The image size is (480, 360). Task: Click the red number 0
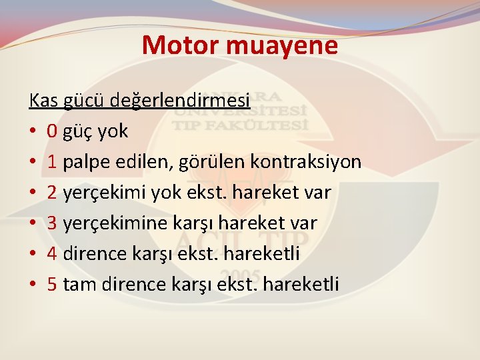[x=52, y=131]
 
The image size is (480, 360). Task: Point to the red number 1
[x=52, y=162]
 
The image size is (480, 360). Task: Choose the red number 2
[x=52, y=193]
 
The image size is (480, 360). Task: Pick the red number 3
[x=52, y=223]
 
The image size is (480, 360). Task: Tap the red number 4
[x=52, y=254]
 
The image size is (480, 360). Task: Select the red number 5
[x=52, y=285]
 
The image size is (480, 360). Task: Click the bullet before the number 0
[x=33, y=132]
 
